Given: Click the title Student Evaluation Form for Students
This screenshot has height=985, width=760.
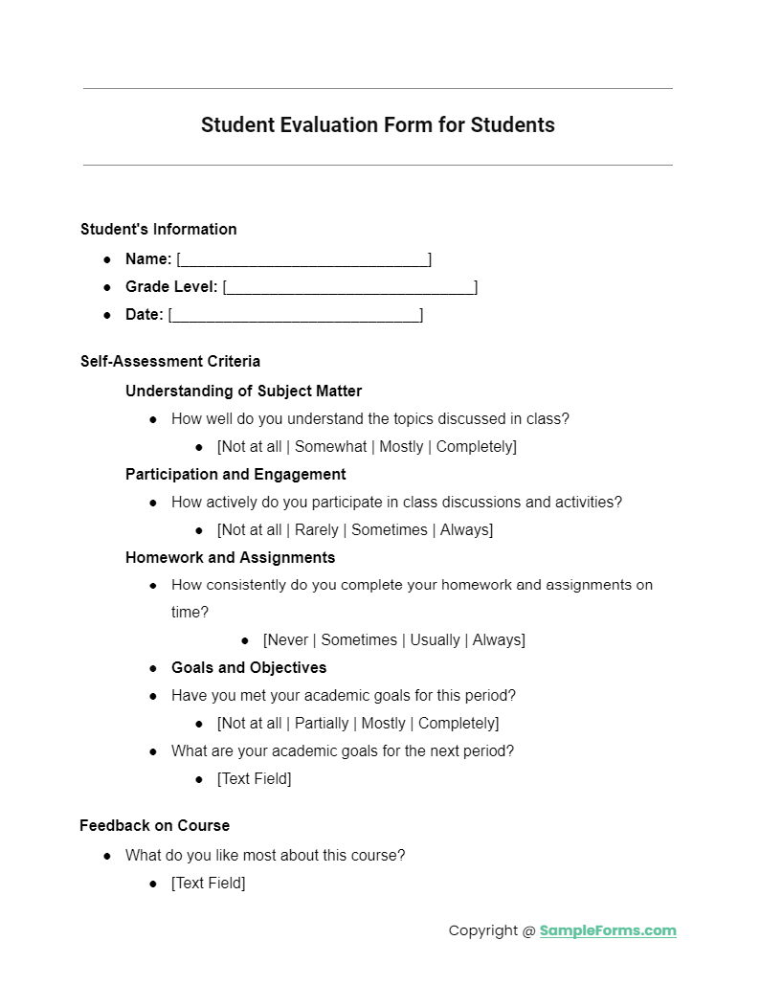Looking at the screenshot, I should (x=378, y=125).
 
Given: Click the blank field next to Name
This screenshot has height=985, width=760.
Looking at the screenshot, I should (x=303, y=259).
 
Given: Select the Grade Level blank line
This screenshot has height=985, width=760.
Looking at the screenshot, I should (x=349, y=287).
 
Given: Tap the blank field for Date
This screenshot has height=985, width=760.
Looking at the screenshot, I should (x=295, y=315).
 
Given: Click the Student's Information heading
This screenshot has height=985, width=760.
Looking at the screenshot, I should (x=159, y=230).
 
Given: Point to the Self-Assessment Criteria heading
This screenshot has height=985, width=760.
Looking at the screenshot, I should (x=170, y=362).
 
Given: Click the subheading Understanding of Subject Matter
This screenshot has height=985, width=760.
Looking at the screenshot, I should (x=243, y=391).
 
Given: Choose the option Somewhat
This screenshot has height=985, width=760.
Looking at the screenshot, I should (x=330, y=447).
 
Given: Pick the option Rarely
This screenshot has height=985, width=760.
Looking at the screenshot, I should (x=317, y=530).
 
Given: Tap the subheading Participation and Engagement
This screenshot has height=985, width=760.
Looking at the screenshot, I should (x=235, y=475).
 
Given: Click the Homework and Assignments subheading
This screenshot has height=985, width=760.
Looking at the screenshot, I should (x=230, y=558).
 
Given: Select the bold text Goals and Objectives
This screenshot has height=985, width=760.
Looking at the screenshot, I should (x=249, y=668).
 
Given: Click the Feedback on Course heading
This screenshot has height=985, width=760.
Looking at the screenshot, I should (x=155, y=826).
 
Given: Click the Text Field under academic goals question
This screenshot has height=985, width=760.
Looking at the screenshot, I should (x=255, y=779).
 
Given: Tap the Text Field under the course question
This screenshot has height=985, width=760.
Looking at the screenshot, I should (x=209, y=884).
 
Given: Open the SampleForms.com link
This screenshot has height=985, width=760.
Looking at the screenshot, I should (x=608, y=930).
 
